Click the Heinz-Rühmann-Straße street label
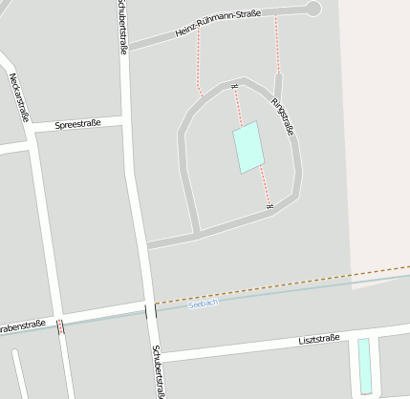(219, 23)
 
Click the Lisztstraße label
(318, 340)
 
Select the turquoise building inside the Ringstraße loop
(248, 147)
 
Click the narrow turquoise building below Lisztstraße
(364, 366)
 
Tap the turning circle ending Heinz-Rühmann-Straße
(313, 9)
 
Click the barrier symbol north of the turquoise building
(234, 88)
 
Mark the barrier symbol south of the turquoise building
(270, 204)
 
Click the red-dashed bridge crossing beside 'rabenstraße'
(61, 327)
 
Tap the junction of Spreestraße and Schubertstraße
(125, 122)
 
